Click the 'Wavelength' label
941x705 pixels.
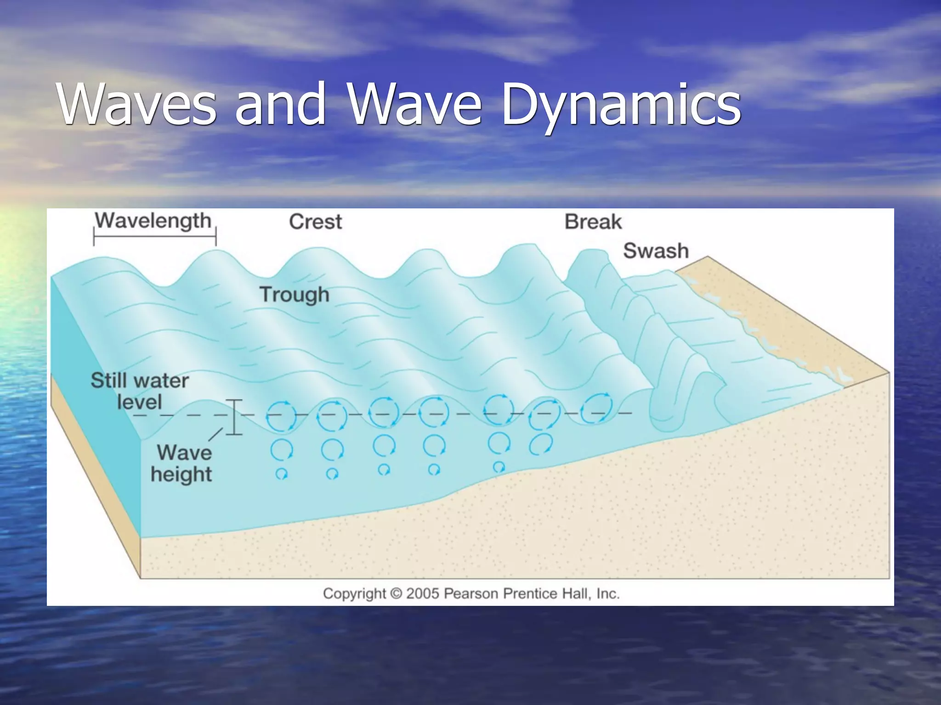point(153,221)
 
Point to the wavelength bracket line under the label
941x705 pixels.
point(154,238)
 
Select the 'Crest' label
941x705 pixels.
point(315,222)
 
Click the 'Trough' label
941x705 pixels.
point(295,295)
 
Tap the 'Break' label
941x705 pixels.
point(593,222)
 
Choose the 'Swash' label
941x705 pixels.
point(656,251)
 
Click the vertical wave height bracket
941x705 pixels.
point(235,417)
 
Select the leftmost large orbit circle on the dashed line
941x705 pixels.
point(281,416)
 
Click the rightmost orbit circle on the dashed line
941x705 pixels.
point(596,408)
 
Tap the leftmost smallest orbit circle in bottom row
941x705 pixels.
point(281,474)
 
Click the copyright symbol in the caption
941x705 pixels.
point(396,593)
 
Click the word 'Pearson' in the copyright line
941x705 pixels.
point(471,593)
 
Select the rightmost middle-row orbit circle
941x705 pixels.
point(541,444)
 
